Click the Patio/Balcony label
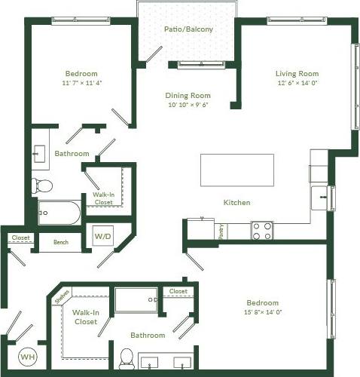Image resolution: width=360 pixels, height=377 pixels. click(x=188, y=29)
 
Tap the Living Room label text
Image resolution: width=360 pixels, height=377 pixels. click(x=296, y=73)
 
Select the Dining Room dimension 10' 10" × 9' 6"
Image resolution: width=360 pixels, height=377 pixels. click(x=188, y=106)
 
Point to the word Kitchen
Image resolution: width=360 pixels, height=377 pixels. click(x=236, y=202)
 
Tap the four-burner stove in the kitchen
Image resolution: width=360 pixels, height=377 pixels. click(x=261, y=230)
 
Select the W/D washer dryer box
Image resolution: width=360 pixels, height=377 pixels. click(x=102, y=237)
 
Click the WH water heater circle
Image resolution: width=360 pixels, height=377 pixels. click(x=26, y=356)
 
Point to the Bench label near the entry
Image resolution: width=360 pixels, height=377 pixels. click(x=61, y=243)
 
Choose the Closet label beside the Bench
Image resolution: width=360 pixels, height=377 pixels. click(x=20, y=238)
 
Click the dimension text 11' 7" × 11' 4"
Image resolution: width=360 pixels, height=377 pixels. click(x=82, y=84)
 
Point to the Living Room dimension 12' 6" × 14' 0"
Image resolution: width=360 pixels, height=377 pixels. click(x=296, y=83)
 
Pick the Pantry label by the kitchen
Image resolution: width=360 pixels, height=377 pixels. click(x=221, y=231)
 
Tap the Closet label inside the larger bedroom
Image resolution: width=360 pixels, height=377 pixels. click(x=178, y=291)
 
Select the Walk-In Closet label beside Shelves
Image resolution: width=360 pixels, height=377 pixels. click(x=84, y=317)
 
